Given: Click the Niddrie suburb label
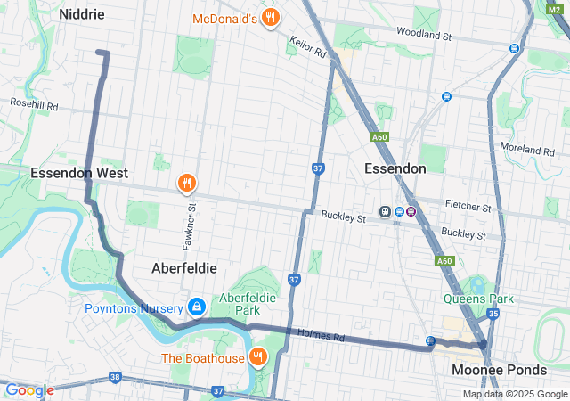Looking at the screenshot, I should coord(82,14).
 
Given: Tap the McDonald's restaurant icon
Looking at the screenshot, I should coord(271,19).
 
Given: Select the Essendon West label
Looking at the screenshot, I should coord(80,173).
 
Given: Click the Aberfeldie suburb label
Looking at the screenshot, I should coord(184,267).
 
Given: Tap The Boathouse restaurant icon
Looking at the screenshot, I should coord(258,358).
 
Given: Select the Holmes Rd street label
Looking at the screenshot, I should coord(327,337).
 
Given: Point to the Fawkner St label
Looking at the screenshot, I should coord(191,225).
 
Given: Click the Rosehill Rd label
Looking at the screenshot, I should coord(34,105).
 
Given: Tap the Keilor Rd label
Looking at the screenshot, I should coord(308,46).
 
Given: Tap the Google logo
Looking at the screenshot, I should coord(28,390).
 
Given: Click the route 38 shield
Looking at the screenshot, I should coord(114,378).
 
